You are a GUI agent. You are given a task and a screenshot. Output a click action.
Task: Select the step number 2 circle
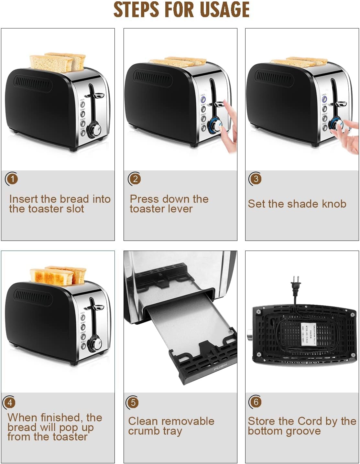(x=135, y=179)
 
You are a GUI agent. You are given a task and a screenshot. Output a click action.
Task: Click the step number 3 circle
(x=256, y=179)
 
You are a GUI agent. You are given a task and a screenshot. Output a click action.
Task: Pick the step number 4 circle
(x=10, y=403)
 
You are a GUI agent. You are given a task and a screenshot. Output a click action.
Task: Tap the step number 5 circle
(x=133, y=403)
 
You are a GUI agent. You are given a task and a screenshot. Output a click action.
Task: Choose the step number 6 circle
(x=256, y=402)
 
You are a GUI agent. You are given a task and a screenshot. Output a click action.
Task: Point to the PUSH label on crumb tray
(x=220, y=367)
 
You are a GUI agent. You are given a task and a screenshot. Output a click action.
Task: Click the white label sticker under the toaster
(x=308, y=333)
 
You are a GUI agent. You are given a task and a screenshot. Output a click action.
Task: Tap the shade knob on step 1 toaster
(x=95, y=130)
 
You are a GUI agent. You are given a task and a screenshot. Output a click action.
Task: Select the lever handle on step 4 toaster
(x=97, y=308)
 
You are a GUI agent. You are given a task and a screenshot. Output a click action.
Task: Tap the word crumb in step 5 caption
(x=144, y=431)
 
